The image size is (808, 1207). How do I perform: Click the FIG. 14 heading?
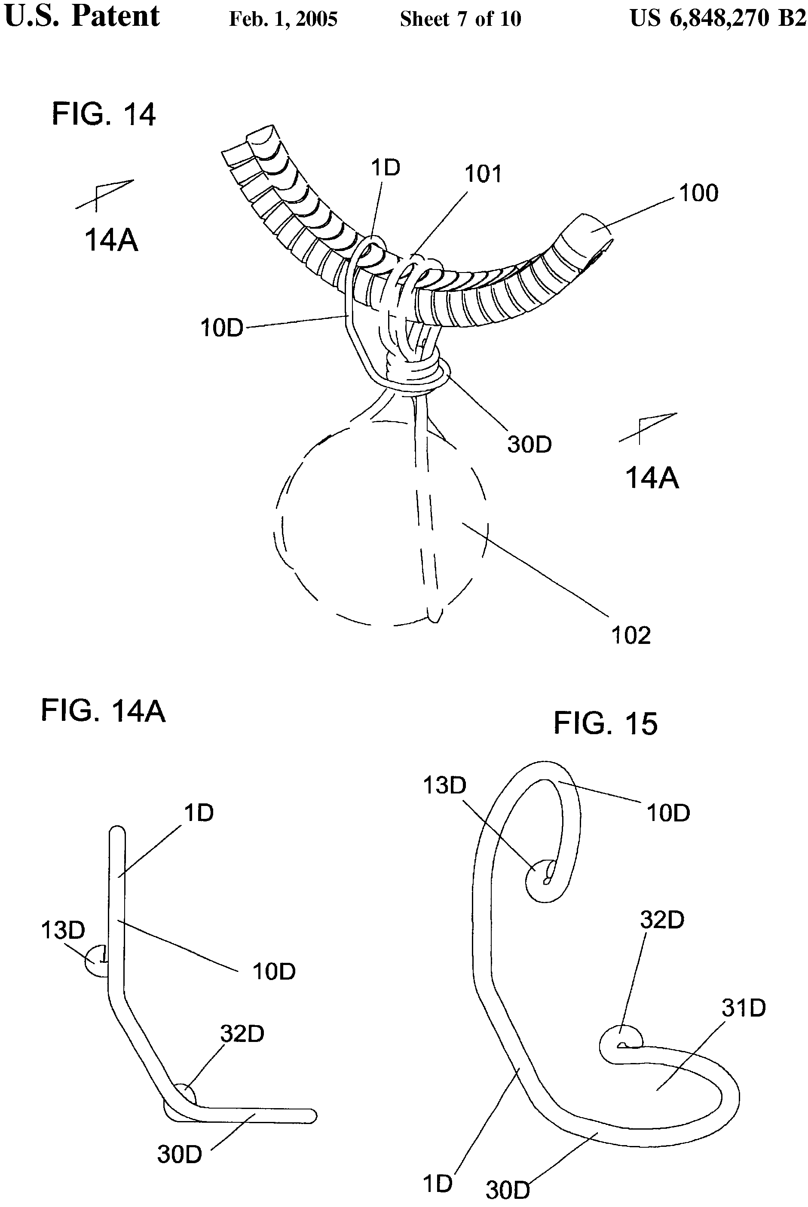point(104,114)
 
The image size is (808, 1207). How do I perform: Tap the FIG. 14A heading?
point(103,711)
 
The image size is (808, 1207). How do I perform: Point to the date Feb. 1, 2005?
point(283,19)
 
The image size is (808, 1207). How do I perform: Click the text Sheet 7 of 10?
point(460,19)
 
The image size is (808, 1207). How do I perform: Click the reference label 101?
point(483,174)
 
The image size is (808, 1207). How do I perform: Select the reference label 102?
point(631,635)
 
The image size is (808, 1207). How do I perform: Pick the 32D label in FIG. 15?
point(662,920)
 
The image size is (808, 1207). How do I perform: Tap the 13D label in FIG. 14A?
point(63,930)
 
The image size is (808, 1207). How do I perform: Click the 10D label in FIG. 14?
point(222,328)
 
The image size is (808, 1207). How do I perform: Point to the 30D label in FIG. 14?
point(529,444)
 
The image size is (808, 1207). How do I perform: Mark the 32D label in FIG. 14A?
point(242,1033)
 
